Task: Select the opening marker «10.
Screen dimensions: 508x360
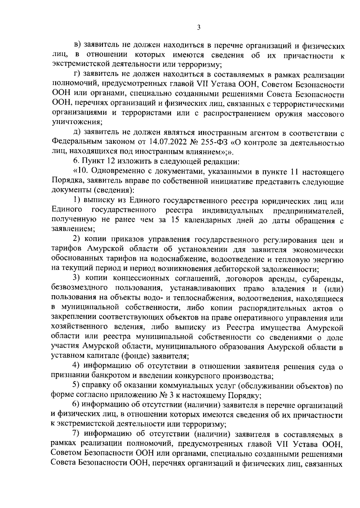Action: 80,172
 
